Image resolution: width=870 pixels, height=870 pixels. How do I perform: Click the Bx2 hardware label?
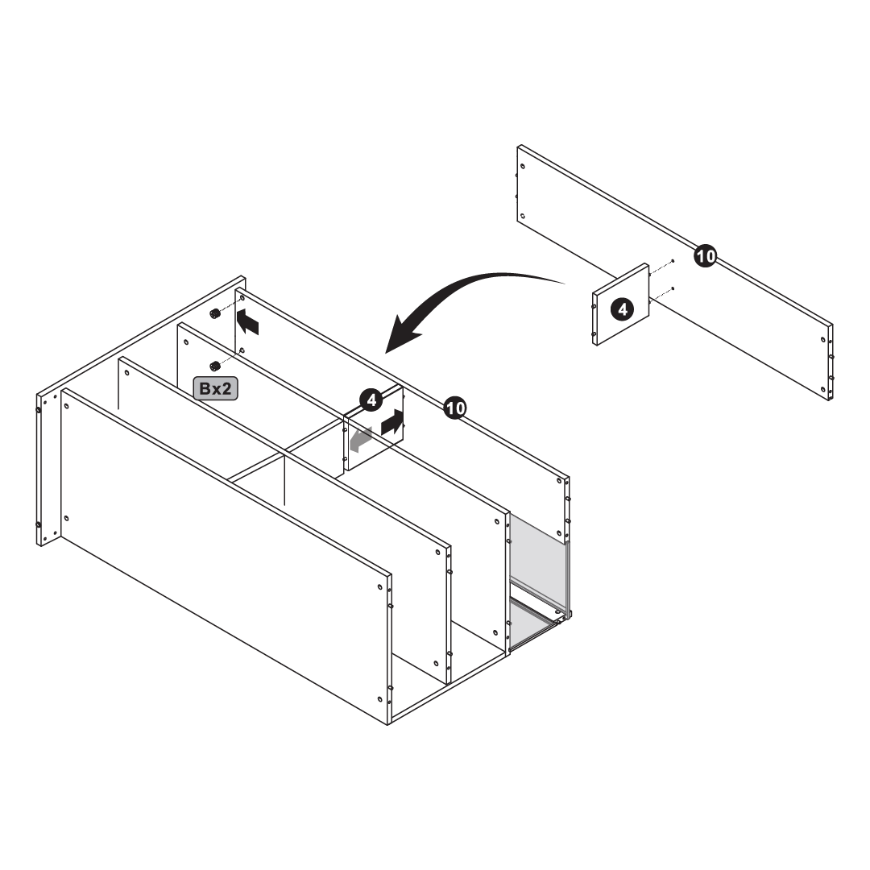pos(215,389)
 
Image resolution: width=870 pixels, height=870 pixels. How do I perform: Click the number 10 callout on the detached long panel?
pos(705,256)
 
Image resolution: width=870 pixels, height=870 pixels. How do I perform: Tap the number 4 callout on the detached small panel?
pos(623,309)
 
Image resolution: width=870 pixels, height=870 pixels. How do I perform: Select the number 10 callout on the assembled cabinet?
pos(455,408)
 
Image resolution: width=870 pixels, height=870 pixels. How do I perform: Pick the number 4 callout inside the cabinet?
pos(371,400)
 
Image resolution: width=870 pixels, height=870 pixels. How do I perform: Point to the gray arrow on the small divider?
pos(361,439)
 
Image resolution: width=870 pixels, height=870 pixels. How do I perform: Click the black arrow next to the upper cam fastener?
pos(247,322)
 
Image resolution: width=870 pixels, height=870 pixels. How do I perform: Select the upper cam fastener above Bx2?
pos(214,314)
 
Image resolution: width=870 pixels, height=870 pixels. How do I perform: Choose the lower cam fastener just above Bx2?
pos(214,365)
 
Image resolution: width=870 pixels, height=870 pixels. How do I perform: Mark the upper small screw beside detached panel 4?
pos(673,261)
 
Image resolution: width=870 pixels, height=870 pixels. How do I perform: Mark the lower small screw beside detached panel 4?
pos(673,288)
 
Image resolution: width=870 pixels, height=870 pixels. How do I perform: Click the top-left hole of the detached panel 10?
pos(523,166)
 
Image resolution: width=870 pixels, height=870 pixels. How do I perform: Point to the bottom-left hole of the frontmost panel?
pos(67,519)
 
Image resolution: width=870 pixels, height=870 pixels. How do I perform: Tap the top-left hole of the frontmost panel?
pos(67,407)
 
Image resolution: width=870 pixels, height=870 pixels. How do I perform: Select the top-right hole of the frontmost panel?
pos(380,586)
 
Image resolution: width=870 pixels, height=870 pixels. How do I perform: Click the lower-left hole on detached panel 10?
pos(523,217)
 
